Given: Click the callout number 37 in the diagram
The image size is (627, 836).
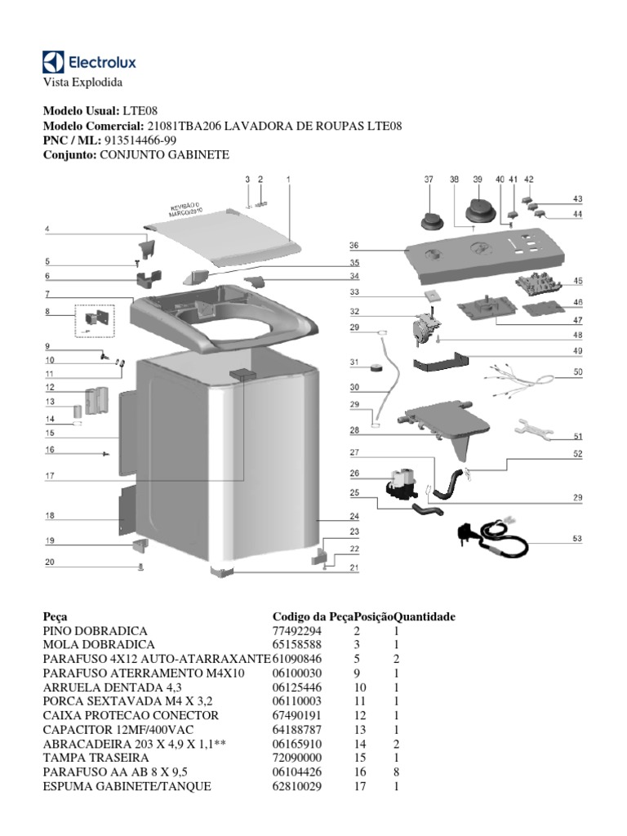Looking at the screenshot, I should [428, 179].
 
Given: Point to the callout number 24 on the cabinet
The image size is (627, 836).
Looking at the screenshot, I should [354, 517].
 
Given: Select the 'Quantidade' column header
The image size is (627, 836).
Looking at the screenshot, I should [424, 616].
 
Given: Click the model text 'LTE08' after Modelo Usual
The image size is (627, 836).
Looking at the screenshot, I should [140, 110].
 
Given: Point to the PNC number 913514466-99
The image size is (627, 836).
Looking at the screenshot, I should [136, 140].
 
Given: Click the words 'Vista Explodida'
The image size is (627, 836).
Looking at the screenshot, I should [82, 82].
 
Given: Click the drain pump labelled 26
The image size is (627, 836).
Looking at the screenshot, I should [400, 483].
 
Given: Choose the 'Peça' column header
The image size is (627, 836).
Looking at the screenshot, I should [55, 616].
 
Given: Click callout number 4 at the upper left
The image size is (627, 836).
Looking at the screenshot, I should [47, 230].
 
